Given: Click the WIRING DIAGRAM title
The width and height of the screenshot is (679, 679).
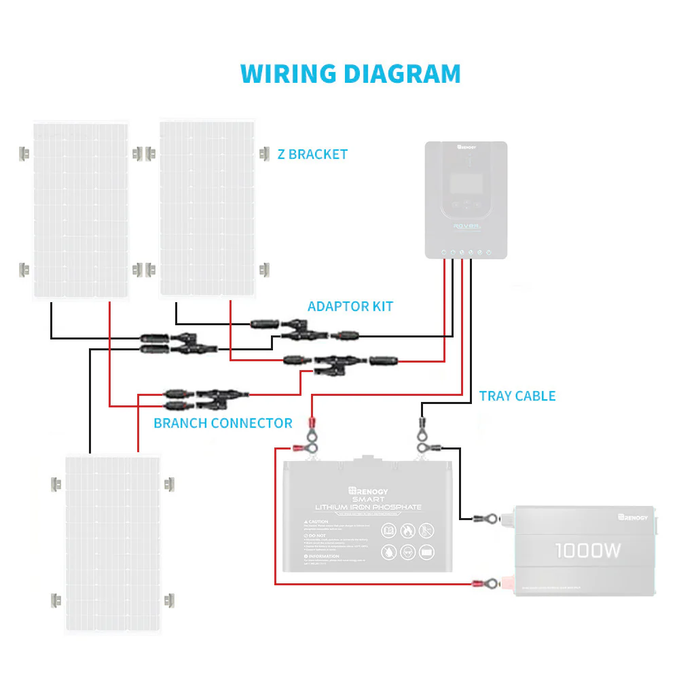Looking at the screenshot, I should (350, 73).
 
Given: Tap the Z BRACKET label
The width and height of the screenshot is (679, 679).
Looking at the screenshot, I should (312, 154).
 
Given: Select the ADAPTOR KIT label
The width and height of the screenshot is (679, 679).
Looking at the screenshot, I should (350, 306).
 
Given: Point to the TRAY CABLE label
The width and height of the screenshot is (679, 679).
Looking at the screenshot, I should (517, 396).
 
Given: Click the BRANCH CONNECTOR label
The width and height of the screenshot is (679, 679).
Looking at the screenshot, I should (223, 423).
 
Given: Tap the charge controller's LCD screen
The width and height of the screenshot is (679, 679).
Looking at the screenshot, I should (466, 183).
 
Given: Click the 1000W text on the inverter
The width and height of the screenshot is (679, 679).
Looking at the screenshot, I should (587, 551).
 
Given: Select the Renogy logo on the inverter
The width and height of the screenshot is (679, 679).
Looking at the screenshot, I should (633, 518).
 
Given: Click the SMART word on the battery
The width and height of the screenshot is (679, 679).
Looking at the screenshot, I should (367, 499).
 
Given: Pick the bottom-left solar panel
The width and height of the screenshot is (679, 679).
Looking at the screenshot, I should (112, 543).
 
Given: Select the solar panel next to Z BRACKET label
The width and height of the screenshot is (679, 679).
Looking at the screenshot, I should (208, 208).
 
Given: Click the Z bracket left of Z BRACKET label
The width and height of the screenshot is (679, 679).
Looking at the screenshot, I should (264, 153).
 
